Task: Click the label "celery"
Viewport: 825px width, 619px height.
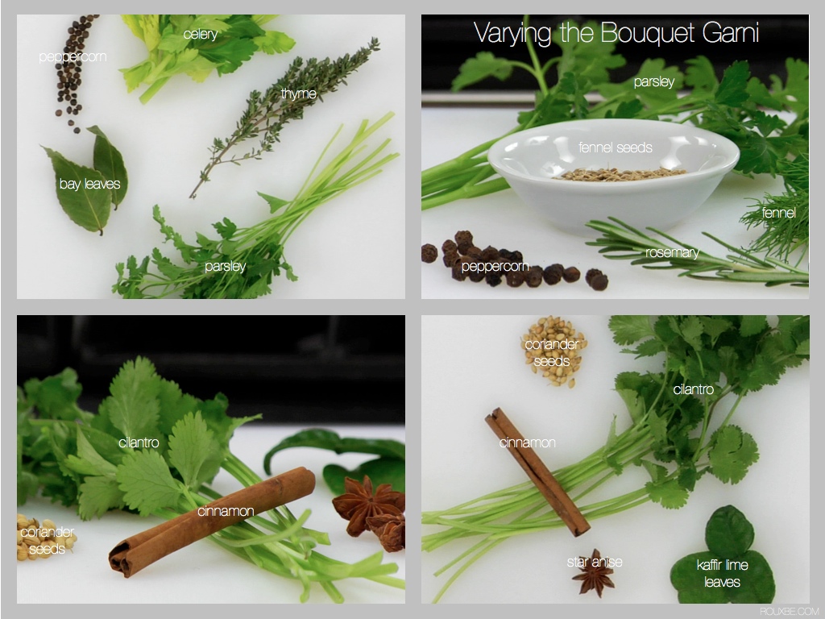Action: tap(201, 35)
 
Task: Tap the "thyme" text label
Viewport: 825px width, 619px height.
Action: tap(298, 94)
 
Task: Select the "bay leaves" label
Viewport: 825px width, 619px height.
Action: tap(89, 184)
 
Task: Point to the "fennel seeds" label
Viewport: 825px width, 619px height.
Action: tap(615, 147)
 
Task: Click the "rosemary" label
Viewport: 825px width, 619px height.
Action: tap(672, 252)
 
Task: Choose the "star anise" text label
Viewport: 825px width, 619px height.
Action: tap(595, 562)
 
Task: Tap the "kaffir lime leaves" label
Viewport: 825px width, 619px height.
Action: tap(723, 573)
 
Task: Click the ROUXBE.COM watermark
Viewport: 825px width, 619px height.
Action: tap(787, 611)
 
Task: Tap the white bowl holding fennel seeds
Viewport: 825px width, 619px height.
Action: tap(613, 173)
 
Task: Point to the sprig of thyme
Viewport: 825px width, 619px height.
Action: tap(284, 117)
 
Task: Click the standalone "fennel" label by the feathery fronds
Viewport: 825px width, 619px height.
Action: tap(778, 213)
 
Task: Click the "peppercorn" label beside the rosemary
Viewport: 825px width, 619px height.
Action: tap(495, 266)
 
